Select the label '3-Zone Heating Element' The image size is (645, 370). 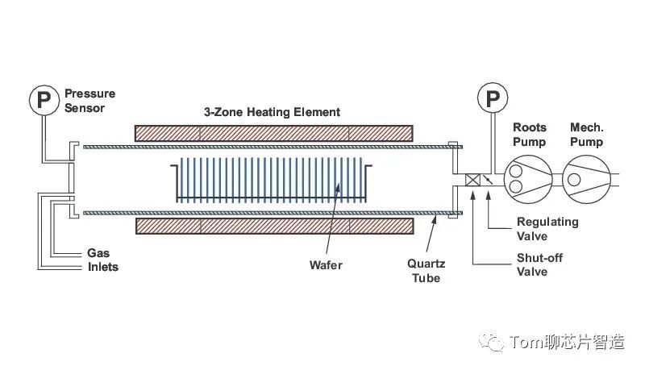(272, 112)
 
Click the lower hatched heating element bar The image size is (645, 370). (273, 227)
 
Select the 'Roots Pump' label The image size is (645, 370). (529, 135)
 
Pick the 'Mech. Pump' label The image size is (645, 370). (587, 135)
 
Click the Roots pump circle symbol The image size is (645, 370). (528, 178)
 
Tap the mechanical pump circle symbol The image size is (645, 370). (585, 178)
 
